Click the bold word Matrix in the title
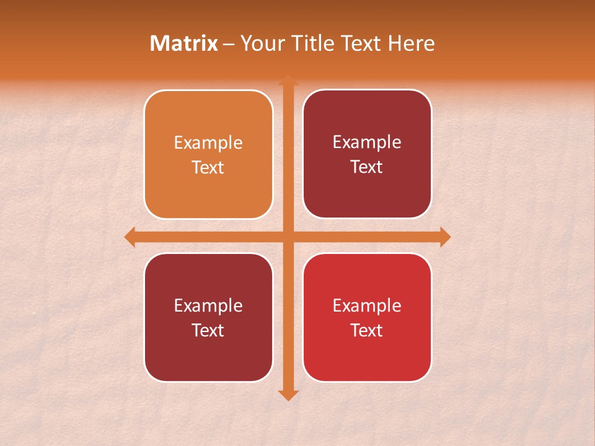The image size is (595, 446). [184, 43]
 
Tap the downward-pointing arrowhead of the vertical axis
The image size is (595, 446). [288, 395]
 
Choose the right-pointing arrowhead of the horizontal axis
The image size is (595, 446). [445, 237]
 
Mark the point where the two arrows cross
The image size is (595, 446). [288, 237]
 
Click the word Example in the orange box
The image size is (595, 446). [208, 143]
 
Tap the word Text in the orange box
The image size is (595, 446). [208, 168]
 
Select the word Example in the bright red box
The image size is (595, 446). [367, 305]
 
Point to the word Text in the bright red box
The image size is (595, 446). [367, 330]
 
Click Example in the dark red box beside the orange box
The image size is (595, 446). [367, 142]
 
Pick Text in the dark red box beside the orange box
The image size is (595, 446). [367, 167]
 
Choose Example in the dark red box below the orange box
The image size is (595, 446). [208, 305]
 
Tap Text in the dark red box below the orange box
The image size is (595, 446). [208, 330]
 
